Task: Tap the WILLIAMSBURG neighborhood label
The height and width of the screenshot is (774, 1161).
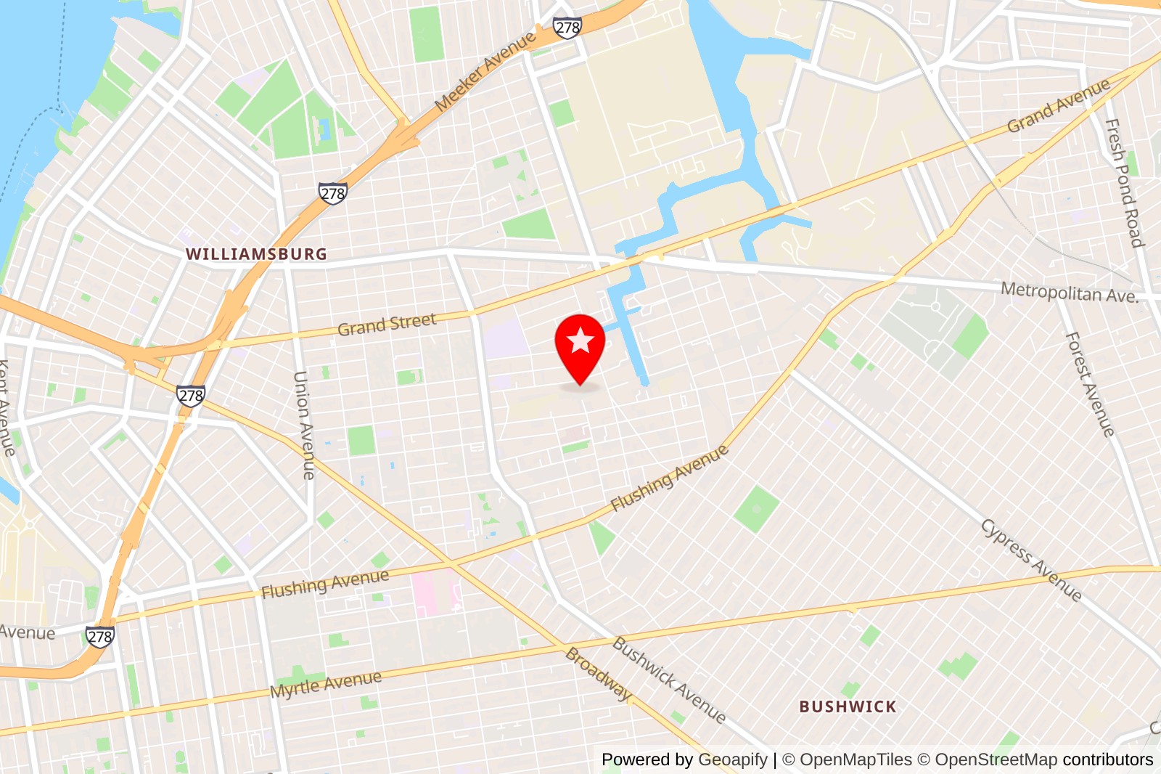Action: [256, 254]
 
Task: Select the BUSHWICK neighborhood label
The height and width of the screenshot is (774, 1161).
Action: [848, 706]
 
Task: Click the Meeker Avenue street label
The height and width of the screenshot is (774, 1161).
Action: [485, 72]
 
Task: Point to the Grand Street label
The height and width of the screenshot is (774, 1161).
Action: [387, 325]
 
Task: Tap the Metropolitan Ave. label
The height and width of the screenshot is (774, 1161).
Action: [1069, 293]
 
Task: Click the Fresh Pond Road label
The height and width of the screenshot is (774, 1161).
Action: [1124, 183]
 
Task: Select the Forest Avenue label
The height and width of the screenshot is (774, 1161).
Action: [1089, 384]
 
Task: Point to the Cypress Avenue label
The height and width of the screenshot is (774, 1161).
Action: [1031, 560]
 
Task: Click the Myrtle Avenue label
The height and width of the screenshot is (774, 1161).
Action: [326, 684]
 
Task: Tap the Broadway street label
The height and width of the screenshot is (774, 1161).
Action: [599, 674]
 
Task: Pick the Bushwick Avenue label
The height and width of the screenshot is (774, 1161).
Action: [668, 680]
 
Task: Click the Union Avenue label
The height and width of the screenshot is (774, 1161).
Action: [304, 425]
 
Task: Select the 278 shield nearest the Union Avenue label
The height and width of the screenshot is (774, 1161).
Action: [191, 395]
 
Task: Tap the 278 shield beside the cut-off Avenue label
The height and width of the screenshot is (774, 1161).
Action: [99, 637]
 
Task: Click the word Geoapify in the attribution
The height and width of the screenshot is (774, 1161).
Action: [732, 759]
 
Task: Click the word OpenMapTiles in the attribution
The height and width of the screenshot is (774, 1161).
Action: [856, 759]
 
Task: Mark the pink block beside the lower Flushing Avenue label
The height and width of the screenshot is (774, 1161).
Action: [431, 592]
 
